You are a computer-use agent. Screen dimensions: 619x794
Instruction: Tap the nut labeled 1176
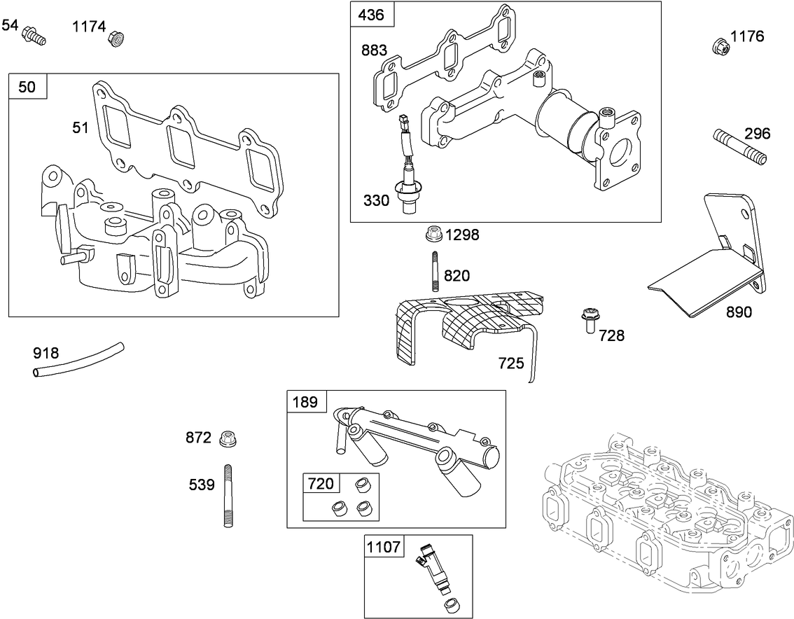point(719,46)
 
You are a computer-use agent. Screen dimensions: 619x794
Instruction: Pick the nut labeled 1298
point(434,232)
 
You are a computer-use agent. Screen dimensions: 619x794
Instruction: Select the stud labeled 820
point(435,270)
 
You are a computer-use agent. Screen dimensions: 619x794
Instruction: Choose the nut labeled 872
point(226,439)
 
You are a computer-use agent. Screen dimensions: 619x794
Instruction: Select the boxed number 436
point(372,14)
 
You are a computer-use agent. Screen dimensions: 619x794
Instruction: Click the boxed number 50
point(27,86)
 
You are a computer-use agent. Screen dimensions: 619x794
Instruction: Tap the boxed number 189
point(305,402)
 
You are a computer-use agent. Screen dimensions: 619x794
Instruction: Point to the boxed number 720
point(321,483)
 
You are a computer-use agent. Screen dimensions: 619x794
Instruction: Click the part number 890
point(738,312)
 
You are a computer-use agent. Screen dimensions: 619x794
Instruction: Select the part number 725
point(511,363)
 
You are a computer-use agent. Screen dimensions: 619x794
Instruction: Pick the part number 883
point(375,50)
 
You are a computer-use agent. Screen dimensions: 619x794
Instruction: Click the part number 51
point(81,127)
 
